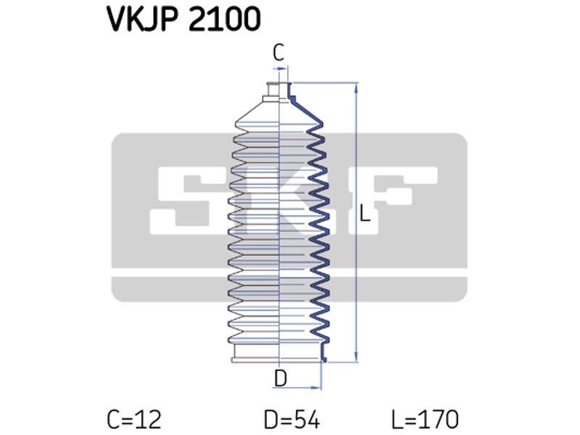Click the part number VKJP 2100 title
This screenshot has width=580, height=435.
184,19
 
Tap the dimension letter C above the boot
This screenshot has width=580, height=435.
278,52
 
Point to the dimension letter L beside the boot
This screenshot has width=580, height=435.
365,213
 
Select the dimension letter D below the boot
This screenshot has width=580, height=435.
281,378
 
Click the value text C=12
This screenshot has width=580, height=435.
134,420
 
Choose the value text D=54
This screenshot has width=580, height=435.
292,420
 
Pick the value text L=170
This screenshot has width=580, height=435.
425,420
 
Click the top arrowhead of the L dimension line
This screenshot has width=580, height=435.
356,87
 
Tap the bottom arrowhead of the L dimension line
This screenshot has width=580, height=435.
356,357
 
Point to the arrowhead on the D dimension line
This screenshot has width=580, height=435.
317,388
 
